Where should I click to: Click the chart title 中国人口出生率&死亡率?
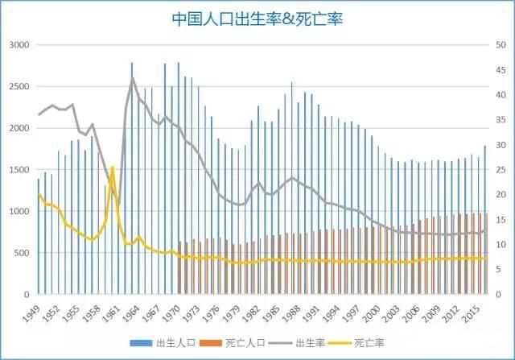[x=257, y=19]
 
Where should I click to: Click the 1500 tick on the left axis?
[x=18, y=170]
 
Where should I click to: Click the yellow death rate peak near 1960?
[x=112, y=168]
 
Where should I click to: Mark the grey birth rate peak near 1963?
[x=133, y=78]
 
